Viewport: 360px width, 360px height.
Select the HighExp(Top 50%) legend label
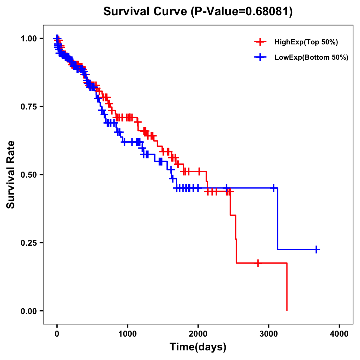pyautogui.click(x=306, y=42)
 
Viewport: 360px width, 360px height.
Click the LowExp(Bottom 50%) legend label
pyautogui.click(x=311, y=57)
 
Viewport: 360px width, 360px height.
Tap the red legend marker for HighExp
pyautogui.click(x=260, y=42)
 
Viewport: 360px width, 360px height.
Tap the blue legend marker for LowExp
pyautogui.click(x=260, y=57)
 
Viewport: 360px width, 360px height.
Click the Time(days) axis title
pyautogui.click(x=198, y=347)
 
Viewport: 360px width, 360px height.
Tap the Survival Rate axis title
pyautogui.click(x=11, y=175)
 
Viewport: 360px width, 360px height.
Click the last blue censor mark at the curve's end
pyautogui.click(x=316, y=249)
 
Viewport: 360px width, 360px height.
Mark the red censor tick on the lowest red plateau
pyautogui.click(x=258, y=263)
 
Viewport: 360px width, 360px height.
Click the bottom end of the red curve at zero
pyautogui.click(x=287, y=310)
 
